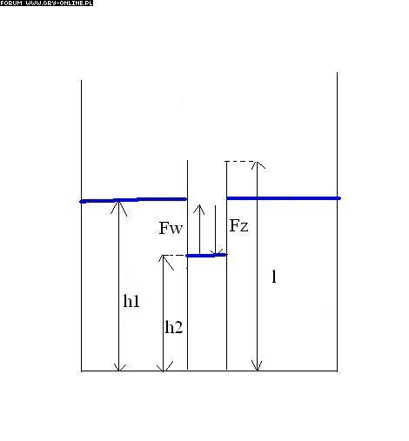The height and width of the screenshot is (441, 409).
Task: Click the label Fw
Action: [x=171, y=228]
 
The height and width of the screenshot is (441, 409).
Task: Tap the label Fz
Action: [x=238, y=225]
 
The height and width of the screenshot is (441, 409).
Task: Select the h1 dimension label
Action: [x=131, y=301]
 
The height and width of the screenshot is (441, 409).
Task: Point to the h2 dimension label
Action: [x=174, y=327]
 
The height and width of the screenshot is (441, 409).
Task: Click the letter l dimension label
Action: [x=274, y=276]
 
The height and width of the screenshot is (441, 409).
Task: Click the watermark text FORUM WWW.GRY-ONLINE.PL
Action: [x=46, y=3]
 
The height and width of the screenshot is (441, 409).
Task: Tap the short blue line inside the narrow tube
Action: [x=206, y=256]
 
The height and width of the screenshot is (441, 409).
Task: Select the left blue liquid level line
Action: [x=133, y=200]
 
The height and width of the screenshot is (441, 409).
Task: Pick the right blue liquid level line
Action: [x=284, y=198]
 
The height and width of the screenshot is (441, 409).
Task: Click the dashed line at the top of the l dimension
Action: [x=240, y=161]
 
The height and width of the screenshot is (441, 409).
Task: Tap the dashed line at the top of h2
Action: [x=174, y=256]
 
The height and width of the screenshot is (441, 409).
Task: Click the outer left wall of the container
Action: [x=81, y=225]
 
